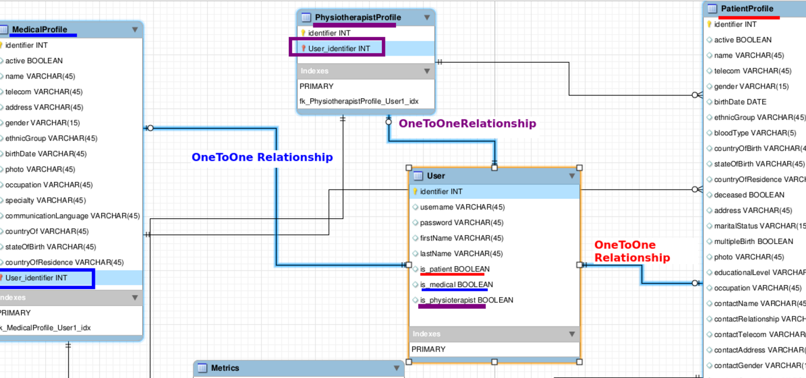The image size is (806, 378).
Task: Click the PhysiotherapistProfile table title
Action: (358, 18)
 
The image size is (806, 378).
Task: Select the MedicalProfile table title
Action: (39, 29)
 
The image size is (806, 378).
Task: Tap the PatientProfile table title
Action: (747, 9)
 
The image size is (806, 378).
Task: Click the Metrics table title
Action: (225, 368)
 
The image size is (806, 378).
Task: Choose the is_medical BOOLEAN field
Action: (456, 285)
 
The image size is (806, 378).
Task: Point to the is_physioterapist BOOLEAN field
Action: (466, 300)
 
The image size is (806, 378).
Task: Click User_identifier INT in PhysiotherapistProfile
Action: (339, 49)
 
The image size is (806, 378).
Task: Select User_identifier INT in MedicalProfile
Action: (36, 278)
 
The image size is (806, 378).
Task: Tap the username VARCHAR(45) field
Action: (462, 207)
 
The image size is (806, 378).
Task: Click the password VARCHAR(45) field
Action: (462, 222)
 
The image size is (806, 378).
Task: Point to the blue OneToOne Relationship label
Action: (262, 157)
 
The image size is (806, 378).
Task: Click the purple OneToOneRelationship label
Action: (467, 123)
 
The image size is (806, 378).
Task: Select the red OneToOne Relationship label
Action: (631, 251)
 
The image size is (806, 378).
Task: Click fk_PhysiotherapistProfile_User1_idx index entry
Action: (359, 101)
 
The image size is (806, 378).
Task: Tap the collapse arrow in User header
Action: (572, 176)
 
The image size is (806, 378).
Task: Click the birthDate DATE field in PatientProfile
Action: (740, 102)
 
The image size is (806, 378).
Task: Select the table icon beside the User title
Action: (418, 176)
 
